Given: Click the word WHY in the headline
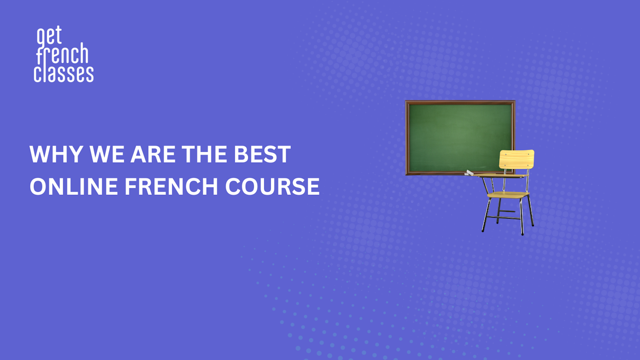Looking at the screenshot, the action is click(56, 154).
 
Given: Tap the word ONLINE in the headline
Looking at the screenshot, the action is click(74, 187).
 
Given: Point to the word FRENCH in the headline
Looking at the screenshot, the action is click(171, 187).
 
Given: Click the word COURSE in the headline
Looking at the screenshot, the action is click(272, 187).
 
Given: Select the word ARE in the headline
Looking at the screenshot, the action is click(153, 154).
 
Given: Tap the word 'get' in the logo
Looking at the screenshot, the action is click(49, 36).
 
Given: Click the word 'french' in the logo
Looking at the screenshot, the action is click(62, 54).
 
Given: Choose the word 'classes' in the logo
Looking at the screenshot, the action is click(64, 74).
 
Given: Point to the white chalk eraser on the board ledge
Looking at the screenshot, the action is click(469, 173).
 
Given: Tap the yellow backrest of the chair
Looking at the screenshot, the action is click(516, 159).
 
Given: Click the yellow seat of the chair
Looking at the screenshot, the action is click(508, 195).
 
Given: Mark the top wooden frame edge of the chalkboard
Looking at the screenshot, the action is click(461, 102).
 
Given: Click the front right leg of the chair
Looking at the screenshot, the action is click(522, 216).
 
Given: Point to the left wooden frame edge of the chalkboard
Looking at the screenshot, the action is click(407, 137).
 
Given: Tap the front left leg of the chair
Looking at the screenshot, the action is click(486, 215).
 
